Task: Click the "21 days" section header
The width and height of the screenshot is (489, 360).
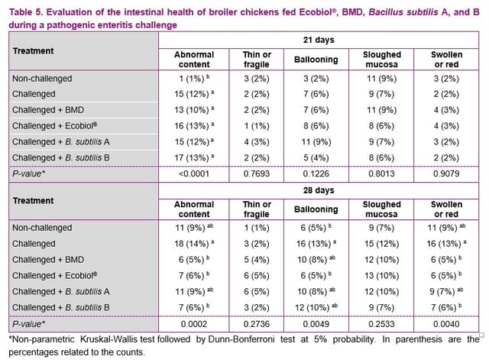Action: click(318, 38)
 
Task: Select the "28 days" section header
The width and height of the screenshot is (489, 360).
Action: click(318, 189)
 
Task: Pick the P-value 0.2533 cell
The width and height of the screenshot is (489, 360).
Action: click(382, 323)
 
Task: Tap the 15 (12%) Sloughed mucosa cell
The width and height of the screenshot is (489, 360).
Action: click(382, 243)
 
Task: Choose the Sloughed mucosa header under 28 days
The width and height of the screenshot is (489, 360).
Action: click(382, 209)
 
